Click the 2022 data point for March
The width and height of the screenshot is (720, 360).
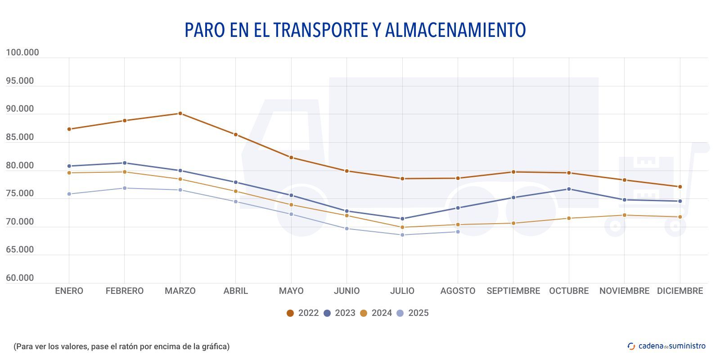coord(180,113)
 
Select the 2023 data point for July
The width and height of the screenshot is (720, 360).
coord(402,219)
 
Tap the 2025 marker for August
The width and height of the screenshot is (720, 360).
coord(458,232)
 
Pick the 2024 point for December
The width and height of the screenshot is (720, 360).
coord(680,217)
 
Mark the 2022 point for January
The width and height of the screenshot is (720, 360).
coord(69,129)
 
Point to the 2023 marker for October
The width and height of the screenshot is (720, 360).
coord(569,189)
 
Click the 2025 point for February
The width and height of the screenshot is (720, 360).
coord(125,188)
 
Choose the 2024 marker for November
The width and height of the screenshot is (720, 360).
coord(624,215)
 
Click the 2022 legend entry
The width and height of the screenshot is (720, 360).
coord(303,313)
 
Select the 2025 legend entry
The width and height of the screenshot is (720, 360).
coord(413,313)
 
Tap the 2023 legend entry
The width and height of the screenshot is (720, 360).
coord(340,313)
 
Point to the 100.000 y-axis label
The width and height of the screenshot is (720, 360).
coord(22,53)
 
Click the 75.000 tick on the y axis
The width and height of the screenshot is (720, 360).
coord(20,193)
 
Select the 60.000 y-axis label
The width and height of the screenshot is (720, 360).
coord(20,278)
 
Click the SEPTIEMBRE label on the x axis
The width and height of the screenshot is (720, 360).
coord(513,291)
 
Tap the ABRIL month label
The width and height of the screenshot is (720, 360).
coord(235,291)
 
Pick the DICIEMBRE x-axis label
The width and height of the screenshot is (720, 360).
coord(679,291)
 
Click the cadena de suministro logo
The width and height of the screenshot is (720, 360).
coord(666,346)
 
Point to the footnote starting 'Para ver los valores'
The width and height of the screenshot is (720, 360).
coord(121,346)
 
